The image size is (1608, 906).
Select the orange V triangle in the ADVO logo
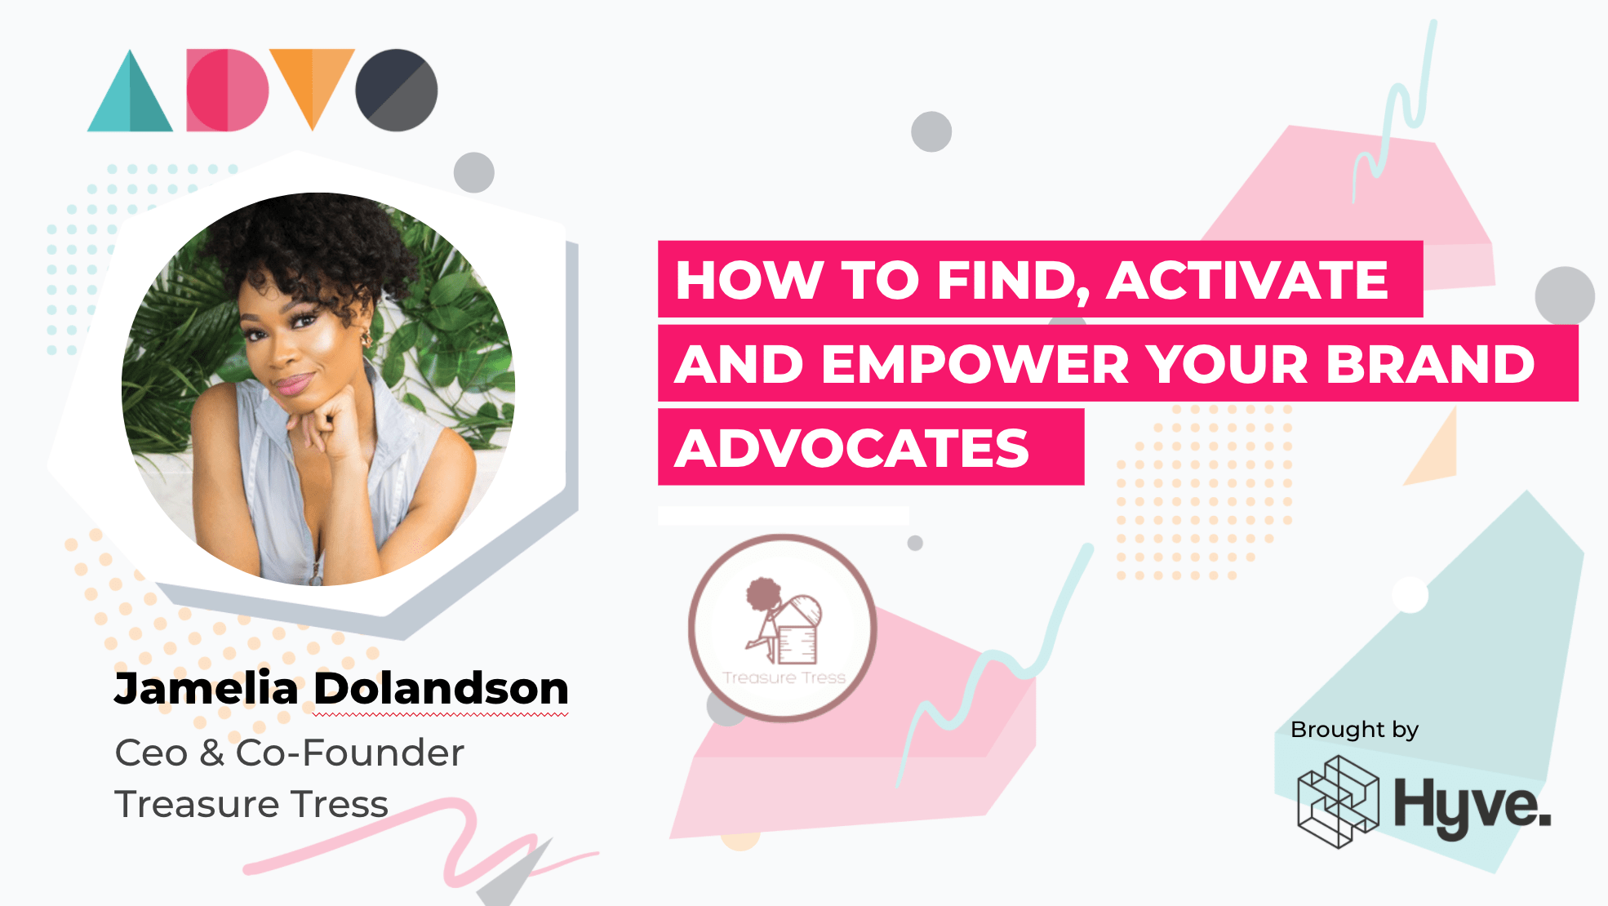click(312, 82)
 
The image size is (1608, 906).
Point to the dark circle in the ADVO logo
click(397, 90)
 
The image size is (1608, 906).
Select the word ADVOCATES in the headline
click(852, 448)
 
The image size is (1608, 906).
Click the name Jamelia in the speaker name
click(206, 688)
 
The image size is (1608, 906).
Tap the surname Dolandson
click(441, 688)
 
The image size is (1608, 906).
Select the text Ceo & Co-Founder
click(289, 753)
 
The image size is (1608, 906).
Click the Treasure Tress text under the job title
click(251, 804)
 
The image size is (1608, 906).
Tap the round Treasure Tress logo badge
click(783, 628)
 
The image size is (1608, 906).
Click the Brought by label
click(1354, 729)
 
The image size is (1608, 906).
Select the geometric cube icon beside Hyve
click(1338, 802)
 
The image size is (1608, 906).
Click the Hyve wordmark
click(1472, 805)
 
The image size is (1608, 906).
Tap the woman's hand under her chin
click(326, 416)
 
